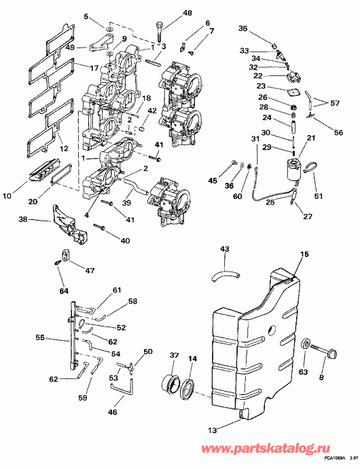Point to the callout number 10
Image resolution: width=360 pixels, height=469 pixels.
[x=7, y=197]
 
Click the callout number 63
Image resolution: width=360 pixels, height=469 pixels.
[x=303, y=371]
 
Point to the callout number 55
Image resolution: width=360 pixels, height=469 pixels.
[x=40, y=337]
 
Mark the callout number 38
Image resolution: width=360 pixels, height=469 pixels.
[x=23, y=219]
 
